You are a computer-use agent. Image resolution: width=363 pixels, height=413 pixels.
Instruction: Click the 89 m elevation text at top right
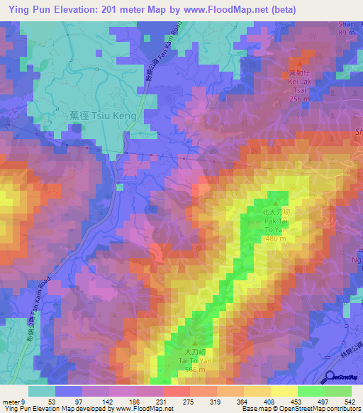click(347, 33)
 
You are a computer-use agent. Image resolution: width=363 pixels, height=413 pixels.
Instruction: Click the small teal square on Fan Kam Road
click(120, 187)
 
